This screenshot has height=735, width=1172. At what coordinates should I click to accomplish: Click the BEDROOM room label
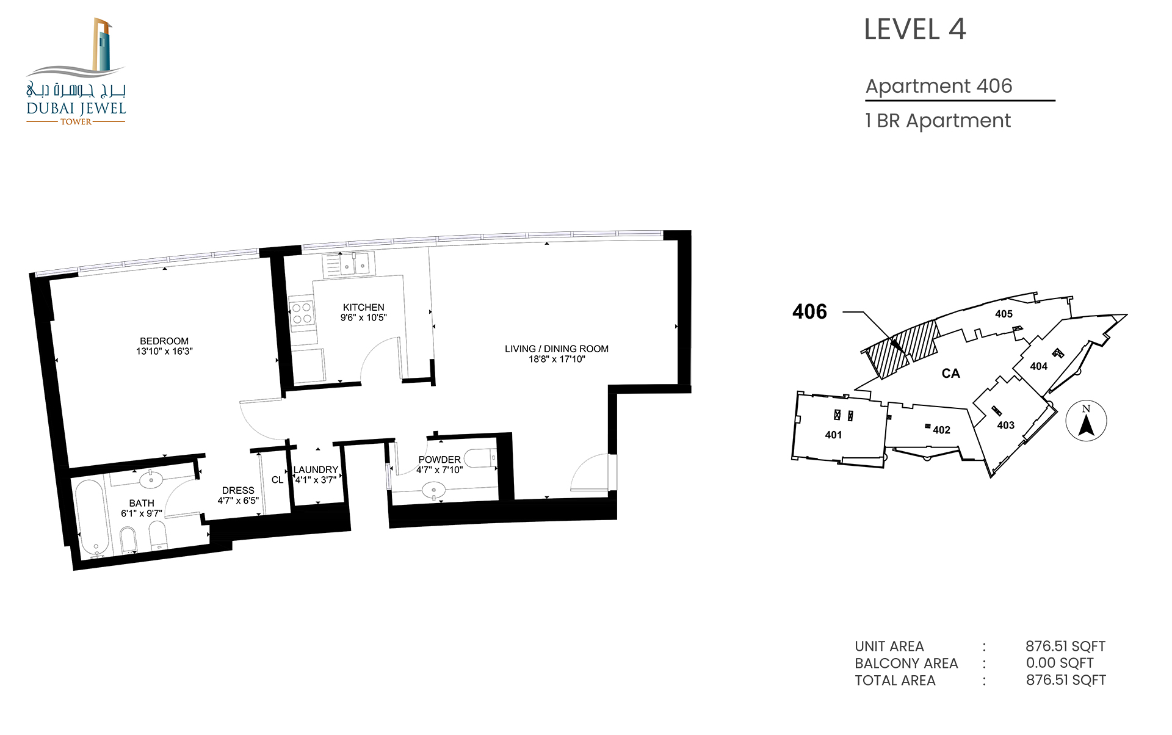point(164,341)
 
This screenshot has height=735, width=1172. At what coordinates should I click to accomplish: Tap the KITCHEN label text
point(364,307)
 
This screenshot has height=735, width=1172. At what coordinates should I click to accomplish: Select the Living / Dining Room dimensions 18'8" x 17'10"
point(557,359)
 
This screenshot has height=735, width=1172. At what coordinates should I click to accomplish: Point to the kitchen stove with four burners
point(302,313)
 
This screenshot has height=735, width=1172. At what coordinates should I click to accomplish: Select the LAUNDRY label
point(316,469)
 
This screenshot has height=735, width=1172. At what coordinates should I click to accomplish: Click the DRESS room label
point(238,490)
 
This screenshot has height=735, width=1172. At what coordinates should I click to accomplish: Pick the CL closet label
point(278,480)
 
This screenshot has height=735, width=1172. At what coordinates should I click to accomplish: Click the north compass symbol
point(1086,421)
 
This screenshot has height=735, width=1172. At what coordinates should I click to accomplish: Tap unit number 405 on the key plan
point(1004,314)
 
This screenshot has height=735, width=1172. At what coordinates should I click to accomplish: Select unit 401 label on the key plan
point(833,435)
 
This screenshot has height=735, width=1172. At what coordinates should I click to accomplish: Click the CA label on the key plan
point(951,373)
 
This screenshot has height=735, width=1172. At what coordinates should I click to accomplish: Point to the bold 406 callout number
point(809,312)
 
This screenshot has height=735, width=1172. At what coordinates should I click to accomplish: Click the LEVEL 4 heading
point(915,29)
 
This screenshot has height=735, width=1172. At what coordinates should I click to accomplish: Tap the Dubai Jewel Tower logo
point(76,72)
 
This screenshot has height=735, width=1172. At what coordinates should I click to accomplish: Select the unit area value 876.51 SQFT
point(1066,646)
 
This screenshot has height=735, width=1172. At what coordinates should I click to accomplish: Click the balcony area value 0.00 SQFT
point(1060,663)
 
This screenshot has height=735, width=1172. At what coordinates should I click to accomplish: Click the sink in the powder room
point(434,490)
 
